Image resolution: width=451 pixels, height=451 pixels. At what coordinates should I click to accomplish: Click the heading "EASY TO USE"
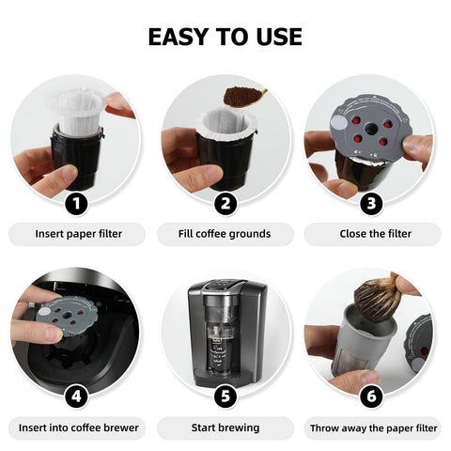coord(225,37)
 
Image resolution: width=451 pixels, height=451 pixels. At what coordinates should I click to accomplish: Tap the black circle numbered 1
coord(77,203)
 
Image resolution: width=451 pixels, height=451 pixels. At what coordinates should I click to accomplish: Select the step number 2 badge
coord(225,203)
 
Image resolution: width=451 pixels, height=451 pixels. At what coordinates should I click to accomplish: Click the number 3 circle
coord(373,203)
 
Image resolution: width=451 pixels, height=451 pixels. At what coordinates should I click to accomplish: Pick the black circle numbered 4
coord(77,396)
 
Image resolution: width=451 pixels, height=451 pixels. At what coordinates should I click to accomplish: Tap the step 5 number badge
coord(225,396)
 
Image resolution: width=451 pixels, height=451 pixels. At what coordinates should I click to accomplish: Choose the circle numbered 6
coord(373,396)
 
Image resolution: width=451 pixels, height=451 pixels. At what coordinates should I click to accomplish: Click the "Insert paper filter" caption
coord(77,234)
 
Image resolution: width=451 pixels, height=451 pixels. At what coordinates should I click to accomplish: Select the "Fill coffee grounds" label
coord(225,234)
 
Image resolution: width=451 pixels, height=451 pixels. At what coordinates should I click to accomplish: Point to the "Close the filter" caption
coord(373,234)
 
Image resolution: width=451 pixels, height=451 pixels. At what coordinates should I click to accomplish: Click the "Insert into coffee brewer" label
coord(77,428)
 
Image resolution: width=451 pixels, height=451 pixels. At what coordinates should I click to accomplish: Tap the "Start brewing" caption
coord(225,428)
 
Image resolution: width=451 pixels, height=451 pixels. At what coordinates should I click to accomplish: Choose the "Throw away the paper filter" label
coord(373,428)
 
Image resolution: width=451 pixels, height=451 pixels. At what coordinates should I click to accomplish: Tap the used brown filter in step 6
coord(378,299)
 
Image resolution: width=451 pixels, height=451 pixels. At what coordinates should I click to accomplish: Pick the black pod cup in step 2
coord(221,160)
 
